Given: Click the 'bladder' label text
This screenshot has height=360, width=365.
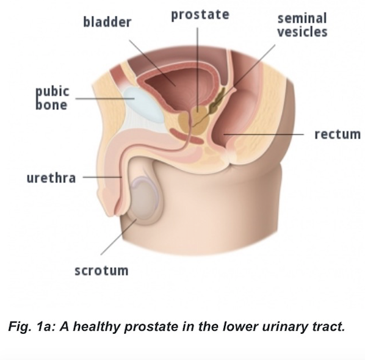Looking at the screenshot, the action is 107,22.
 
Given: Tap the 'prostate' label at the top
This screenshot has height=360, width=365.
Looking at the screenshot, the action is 200,15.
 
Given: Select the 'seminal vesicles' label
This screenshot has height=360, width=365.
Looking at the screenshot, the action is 302,25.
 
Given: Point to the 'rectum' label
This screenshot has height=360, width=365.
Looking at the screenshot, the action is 338,134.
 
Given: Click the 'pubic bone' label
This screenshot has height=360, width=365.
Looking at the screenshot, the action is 52,98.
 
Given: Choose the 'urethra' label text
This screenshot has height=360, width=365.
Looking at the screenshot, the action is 51,178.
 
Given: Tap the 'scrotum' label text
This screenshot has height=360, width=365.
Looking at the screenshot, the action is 101,270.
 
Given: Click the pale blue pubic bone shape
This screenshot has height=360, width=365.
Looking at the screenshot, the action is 144,104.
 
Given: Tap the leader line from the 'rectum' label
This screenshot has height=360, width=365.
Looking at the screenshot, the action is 264,134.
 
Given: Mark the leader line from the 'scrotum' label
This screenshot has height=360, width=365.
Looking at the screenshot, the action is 118,237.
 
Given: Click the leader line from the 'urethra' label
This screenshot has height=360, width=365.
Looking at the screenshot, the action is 102,177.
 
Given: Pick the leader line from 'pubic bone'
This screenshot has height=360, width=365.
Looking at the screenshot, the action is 105,98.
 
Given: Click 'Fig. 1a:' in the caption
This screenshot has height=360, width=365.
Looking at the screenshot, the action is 32,326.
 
